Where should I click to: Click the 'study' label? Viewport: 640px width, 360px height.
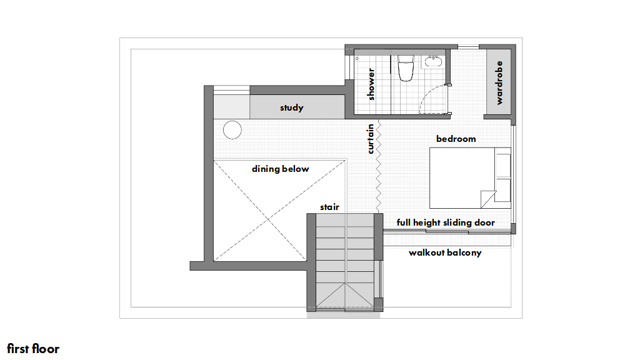pos(291,107)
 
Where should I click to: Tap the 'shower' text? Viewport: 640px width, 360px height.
pos(371,84)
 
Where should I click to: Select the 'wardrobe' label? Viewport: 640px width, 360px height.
pos(499,83)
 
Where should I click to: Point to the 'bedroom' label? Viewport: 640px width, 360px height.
pos(456,139)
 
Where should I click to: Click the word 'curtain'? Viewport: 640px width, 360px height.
pos(370,139)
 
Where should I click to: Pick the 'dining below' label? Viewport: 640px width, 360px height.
pos(281,169)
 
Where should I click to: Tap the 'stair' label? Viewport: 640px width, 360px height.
pos(329,207)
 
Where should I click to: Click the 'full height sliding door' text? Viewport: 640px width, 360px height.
pos(446,222)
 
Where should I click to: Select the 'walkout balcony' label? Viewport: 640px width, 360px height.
pos(445,252)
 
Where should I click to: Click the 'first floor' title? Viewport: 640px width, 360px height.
pos(33,349)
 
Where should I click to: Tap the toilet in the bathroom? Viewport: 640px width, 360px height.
pos(406,68)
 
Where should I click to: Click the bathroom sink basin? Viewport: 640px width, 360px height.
pos(433,62)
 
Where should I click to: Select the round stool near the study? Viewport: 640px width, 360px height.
pos(232,130)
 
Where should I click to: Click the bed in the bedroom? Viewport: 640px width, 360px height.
pos(470,178)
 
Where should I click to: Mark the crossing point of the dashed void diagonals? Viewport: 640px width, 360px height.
pos(268,220)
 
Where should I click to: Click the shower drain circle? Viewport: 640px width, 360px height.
pos(357,58)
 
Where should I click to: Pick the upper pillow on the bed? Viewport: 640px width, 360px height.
pos(503,165)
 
